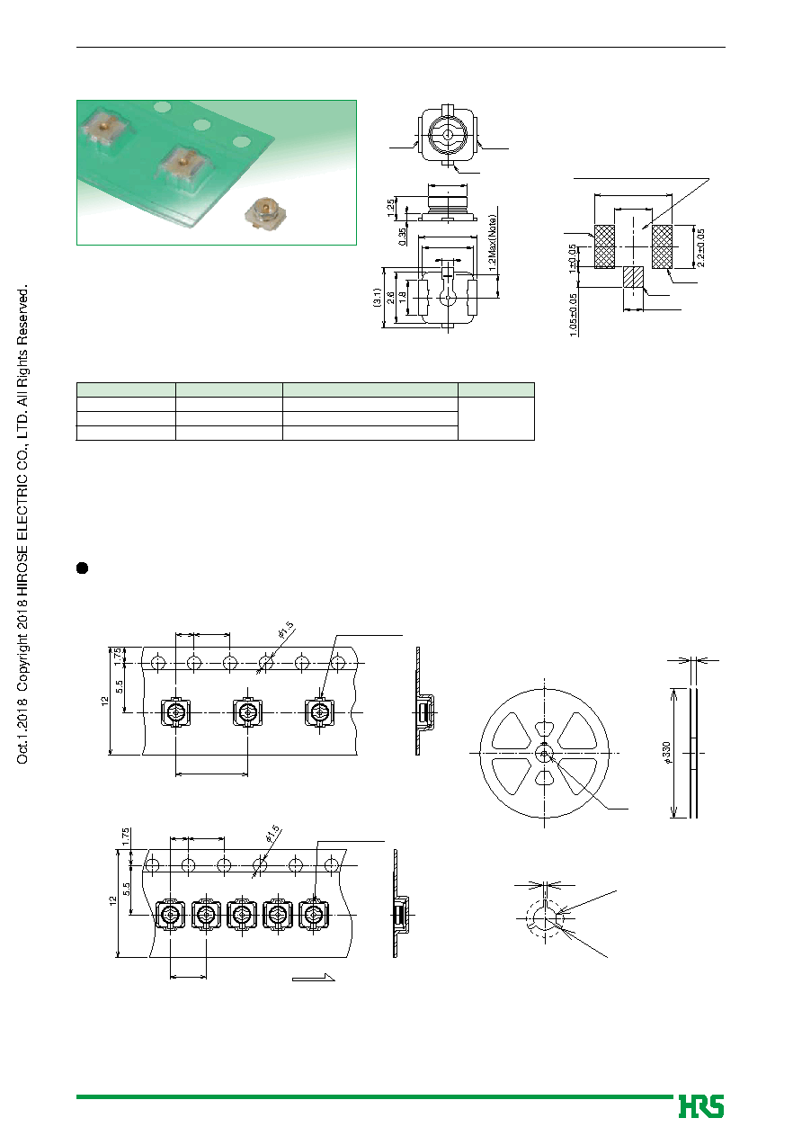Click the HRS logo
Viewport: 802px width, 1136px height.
[x=701, y=1106]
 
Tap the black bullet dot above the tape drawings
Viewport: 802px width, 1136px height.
[x=82, y=568]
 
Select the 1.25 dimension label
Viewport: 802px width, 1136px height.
[x=391, y=208]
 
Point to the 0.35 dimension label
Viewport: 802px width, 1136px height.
[x=402, y=237]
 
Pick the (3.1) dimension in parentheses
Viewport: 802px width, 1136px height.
[x=377, y=298]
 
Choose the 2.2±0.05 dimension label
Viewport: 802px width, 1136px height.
[x=700, y=248]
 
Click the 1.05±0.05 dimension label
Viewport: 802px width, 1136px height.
[x=573, y=315]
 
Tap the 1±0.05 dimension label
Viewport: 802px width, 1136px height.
[x=573, y=259]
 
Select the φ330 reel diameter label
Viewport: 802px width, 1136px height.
[x=666, y=753]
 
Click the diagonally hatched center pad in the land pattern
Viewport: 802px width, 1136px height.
[x=633, y=277]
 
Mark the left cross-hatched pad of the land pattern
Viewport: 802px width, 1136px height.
[x=604, y=247]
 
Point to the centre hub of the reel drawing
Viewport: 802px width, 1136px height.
[x=544, y=753]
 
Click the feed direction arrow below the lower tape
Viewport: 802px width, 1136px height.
[x=313, y=978]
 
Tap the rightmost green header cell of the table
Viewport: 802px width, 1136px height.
[x=496, y=389]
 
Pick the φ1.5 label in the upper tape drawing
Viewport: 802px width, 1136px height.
[x=286, y=631]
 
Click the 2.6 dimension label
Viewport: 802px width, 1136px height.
[x=390, y=298]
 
